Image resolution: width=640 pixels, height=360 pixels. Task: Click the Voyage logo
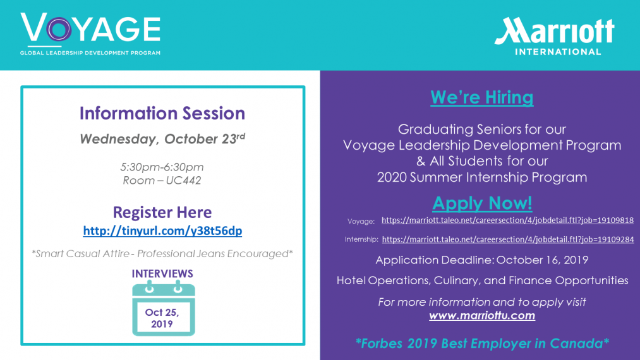click(x=90, y=34)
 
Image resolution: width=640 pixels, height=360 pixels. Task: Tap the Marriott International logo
click(x=554, y=36)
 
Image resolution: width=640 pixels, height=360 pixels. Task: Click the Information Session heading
click(x=162, y=113)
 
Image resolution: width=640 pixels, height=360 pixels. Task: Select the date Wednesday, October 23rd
click(x=162, y=138)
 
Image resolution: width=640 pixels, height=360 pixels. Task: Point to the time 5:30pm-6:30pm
click(x=162, y=167)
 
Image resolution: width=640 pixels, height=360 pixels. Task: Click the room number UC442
click(x=183, y=181)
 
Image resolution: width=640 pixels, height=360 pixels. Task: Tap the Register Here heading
click(x=162, y=212)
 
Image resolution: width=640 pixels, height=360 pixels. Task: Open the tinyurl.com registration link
click(x=162, y=231)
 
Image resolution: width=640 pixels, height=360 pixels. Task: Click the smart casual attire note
click(x=162, y=253)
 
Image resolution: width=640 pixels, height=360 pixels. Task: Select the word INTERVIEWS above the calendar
click(x=162, y=273)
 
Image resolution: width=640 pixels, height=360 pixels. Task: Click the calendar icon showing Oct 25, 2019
click(x=163, y=308)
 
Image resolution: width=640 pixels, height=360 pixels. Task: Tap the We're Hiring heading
click(x=481, y=97)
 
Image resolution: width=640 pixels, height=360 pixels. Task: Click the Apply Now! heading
click(x=482, y=203)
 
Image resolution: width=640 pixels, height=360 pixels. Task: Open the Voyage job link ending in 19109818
click(x=507, y=220)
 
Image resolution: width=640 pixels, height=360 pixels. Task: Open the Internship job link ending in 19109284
click(x=508, y=239)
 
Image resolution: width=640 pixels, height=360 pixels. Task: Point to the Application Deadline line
click(x=481, y=260)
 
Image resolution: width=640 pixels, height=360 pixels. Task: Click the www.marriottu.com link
click(x=482, y=316)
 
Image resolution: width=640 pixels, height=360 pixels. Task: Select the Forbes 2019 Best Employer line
click(x=482, y=344)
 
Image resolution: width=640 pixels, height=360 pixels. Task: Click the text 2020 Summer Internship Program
click(x=482, y=177)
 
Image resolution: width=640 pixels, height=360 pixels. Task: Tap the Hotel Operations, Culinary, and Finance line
click(x=482, y=280)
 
